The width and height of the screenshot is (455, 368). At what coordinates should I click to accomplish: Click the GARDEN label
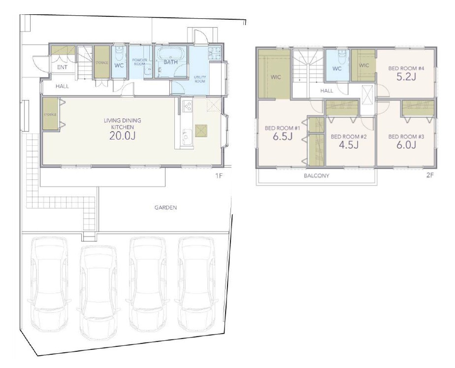click(165, 208)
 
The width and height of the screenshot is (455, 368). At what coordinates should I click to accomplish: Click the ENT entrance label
click(63, 67)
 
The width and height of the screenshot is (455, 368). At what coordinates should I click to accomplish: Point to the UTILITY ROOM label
click(200, 79)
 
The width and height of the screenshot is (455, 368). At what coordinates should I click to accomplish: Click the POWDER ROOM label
click(140, 62)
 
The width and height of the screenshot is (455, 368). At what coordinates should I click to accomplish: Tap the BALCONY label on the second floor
click(316, 176)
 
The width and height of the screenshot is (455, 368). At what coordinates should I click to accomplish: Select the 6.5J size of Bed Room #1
click(283, 136)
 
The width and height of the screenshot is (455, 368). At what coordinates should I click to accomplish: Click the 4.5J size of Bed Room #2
click(348, 145)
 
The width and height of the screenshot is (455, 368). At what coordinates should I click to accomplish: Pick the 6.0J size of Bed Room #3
click(406, 145)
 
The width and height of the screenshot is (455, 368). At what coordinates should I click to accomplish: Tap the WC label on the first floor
click(119, 66)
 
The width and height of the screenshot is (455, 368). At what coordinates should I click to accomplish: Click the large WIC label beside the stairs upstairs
click(275, 77)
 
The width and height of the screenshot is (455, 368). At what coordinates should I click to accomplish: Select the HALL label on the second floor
click(327, 91)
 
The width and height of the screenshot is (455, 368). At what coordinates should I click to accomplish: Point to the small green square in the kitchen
click(201, 130)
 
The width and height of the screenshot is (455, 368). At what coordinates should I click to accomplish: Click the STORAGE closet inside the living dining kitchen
click(50, 114)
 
